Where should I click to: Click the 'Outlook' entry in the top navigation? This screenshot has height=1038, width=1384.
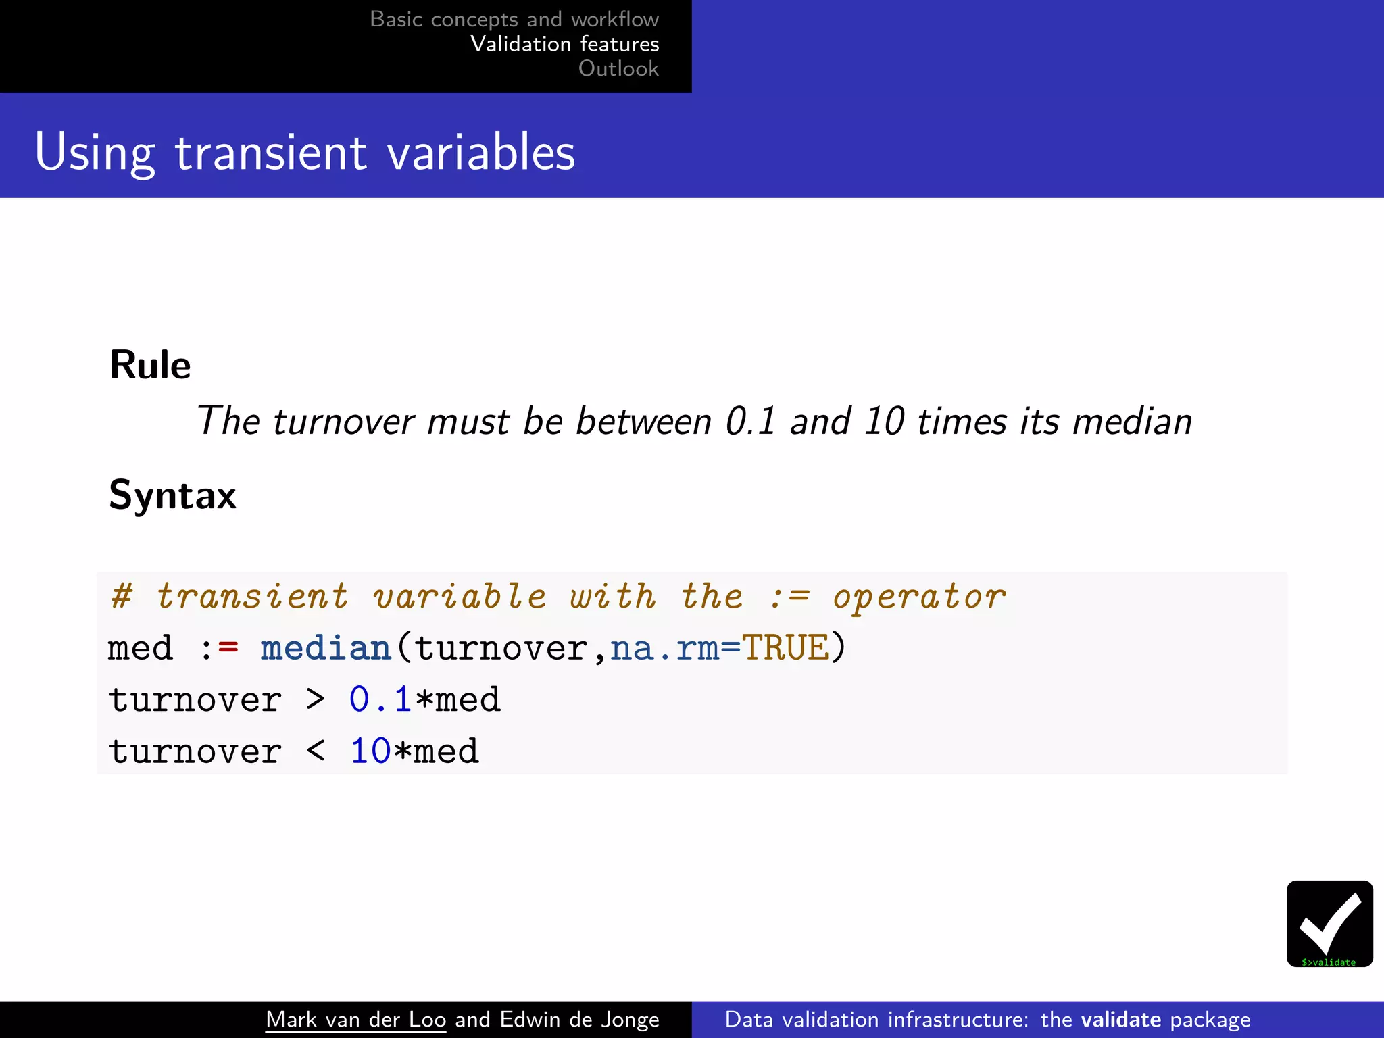coord(618,68)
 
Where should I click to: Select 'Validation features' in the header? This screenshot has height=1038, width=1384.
coord(564,44)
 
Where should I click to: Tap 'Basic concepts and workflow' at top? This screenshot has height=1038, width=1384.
coord(514,19)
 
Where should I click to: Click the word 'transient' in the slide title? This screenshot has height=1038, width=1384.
coord(270,152)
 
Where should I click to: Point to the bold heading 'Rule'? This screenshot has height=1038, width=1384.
coord(150,366)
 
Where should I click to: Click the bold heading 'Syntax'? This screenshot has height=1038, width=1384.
coord(172,495)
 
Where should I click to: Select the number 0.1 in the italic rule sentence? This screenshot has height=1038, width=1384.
coord(750,421)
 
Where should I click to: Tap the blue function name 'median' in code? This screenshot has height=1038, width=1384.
coord(326,648)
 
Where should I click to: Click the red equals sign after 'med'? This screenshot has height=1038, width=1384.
coord(228,648)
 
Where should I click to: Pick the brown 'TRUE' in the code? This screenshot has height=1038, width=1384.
coord(785,648)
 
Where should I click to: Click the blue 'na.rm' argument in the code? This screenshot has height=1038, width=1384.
coord(664,648)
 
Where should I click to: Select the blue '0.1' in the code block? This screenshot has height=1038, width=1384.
coord(380,699)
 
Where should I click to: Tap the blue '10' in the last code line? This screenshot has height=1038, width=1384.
coord(370,751)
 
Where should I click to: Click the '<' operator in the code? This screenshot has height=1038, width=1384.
coord(316,751)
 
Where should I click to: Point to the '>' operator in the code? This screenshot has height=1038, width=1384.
coord(316,699)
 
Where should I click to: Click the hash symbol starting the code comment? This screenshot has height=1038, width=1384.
coord(122,596)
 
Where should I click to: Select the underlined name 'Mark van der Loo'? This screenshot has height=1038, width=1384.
coord(355,1019)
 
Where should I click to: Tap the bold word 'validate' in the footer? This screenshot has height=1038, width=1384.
coord(1120,1019)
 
